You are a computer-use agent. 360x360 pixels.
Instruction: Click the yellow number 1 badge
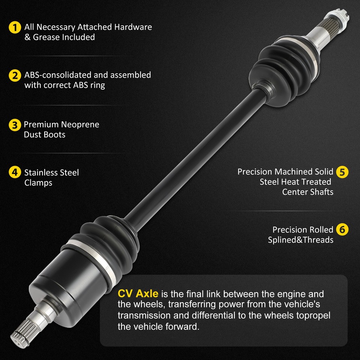click(14, 27)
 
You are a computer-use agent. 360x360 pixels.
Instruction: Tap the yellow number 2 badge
click(14, 75)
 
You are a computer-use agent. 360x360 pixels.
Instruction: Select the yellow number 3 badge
click(14, 125)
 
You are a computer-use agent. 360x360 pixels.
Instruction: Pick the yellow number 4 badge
click(14, 172)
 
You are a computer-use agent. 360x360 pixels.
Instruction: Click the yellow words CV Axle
click(138, 294)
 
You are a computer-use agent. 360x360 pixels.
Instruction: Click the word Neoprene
click(80, 124)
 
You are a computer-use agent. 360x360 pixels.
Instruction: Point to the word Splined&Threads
click(300, 240)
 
